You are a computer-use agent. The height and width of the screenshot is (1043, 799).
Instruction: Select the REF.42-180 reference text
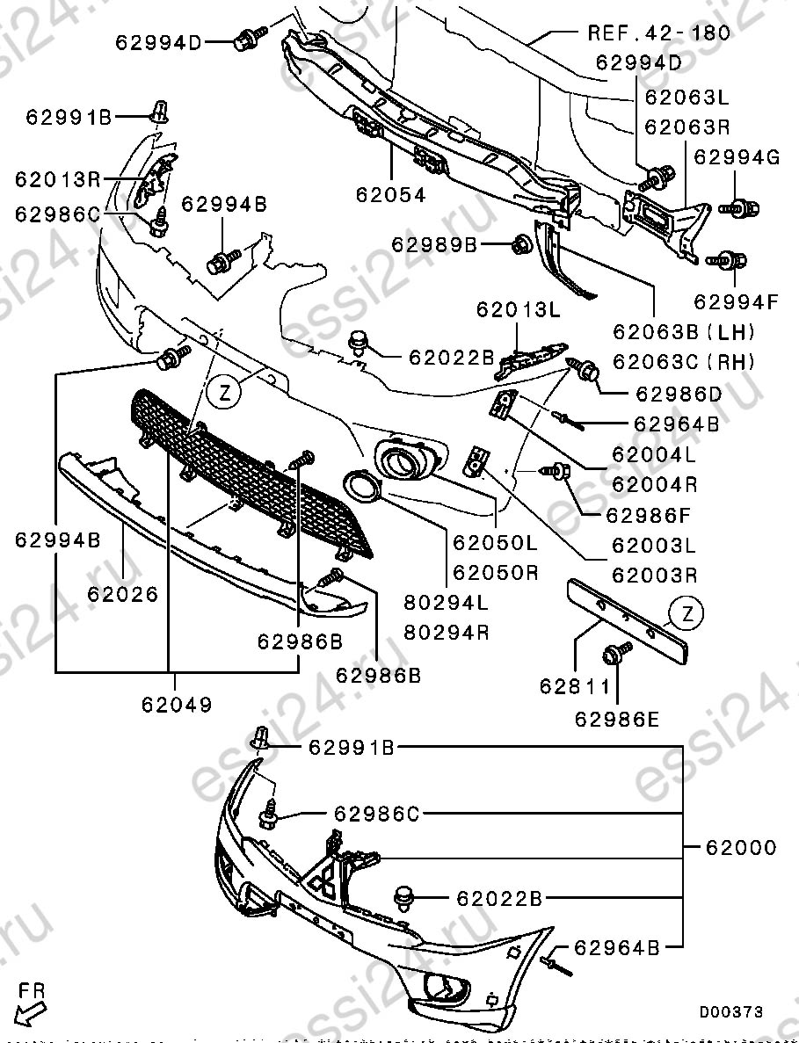(659, 33)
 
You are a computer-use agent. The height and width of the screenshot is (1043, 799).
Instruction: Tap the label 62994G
(737, 157)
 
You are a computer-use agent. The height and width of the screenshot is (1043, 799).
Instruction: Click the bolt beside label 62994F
(730, 260)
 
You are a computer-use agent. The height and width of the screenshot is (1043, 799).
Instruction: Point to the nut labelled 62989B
(519, 243)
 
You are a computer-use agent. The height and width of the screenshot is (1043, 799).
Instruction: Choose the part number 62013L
(519, 309)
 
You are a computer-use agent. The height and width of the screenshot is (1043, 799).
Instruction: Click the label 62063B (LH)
(686, 333)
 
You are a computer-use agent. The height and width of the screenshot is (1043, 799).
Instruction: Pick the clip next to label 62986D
(589, 373)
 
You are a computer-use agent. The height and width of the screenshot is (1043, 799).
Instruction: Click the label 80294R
(447, 632)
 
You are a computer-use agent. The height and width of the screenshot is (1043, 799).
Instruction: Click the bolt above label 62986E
(615, 652)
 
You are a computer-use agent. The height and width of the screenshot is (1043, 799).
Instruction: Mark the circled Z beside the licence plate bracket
(686, 613)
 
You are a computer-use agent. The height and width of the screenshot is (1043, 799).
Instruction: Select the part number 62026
(122, 594)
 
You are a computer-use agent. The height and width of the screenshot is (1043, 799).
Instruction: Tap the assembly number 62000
(741, 848)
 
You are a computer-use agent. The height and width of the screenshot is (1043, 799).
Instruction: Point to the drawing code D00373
(731, 1012)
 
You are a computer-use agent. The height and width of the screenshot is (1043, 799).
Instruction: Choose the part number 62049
(176, 704)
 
